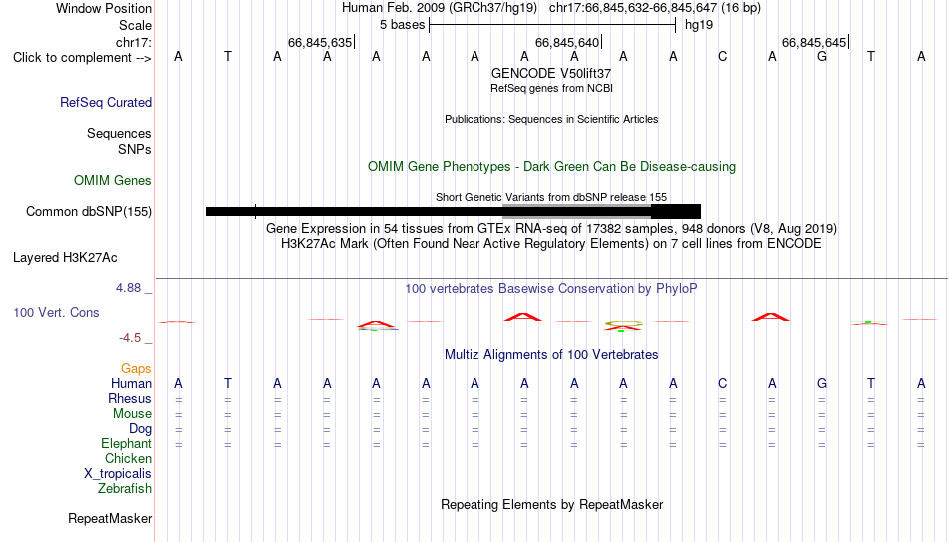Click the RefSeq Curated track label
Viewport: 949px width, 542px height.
pyautogui.click(x=106, y=102)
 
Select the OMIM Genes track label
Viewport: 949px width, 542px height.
pyautogui.click(x=113, y=181)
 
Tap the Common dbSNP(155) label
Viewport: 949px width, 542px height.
pyautogui.click(x=89, y=212)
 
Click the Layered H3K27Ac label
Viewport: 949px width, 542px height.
pyautogui.click(x=65, y=258)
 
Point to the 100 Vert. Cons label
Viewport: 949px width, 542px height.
pyautogui.click(x=56, y=312)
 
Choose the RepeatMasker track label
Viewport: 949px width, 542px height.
pyautogui.click(x=110, y=518)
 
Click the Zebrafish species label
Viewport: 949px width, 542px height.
pyautogui.click(x=125, y=488)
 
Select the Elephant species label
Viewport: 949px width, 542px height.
pyautogui.click(x=126, y=443)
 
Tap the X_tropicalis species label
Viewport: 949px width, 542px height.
pyautogui.click(x=118, y=474)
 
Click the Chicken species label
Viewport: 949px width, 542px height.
pyautogui.click(x=128, y=458)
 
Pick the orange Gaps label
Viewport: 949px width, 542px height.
pyautogui.click(x=136, y=368)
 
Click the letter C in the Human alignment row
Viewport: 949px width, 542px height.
pyautogui.click(x=722, y=383)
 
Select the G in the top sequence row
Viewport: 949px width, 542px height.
pyautogui.click(x=822, y=56)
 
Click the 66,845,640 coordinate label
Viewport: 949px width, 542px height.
pyautogui.click(x=567, y=42)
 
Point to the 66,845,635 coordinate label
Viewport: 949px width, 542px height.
pyautogui.click(x=320, y=42)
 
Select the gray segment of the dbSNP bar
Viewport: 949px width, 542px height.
pyautogui.click(x=576, y=212)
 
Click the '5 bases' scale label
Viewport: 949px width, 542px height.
pyautogui.click(x=403, y=25)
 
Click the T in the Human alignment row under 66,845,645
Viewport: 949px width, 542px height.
pyautogui.click(x=871, y=383)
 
